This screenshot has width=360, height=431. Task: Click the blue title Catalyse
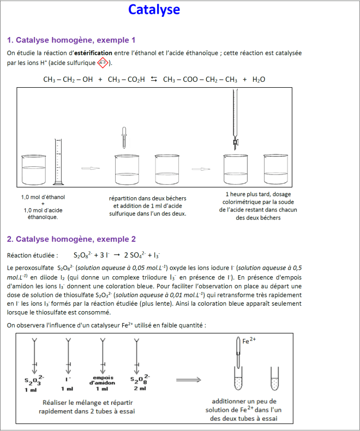[154, 10]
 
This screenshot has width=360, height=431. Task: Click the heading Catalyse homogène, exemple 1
[71, 40]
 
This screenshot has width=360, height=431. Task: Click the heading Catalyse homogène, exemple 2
[71, 239]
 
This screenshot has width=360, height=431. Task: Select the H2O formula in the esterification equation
[259, 80]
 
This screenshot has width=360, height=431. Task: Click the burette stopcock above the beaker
[236, 144]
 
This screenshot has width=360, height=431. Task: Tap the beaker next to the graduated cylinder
[34, 169]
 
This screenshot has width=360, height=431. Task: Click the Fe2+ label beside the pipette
[249, 341]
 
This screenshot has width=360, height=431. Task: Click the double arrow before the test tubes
[189, 380]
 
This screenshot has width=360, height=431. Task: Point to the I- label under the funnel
[68, 378]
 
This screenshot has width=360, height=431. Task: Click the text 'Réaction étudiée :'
[32, 254]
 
